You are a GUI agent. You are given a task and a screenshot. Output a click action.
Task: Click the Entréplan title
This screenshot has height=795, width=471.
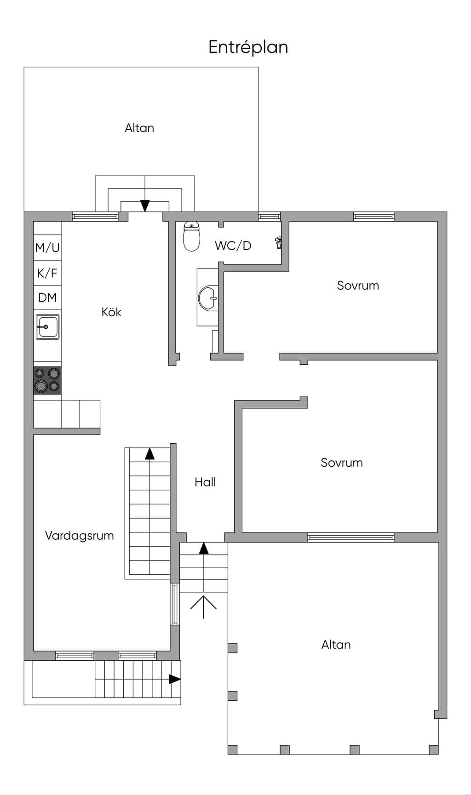pos(248,47)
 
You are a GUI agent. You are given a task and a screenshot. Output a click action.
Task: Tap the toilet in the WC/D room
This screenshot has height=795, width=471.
pos(191,236)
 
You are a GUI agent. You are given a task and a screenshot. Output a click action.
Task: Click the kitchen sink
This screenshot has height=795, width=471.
pos(48,326)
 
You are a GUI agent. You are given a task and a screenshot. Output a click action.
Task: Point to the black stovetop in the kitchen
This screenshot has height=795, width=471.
pos(47,380)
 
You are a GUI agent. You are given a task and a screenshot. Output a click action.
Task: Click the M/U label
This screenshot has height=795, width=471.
pos(47,248)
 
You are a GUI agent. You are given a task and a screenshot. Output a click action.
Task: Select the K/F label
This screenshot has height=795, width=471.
pos(47,273)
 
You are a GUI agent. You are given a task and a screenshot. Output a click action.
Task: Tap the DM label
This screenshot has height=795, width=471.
pos(47,297)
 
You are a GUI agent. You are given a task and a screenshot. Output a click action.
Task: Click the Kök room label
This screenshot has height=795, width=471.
pos(111,312)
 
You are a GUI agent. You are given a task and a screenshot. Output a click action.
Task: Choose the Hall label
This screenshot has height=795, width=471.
pos(205,482)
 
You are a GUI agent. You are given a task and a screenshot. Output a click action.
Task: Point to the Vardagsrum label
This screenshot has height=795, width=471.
pos(80,536)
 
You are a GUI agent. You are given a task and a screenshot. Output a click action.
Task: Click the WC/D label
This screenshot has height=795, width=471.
pos(233,246)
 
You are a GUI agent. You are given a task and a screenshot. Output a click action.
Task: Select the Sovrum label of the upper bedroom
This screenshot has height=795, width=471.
pos(358,286)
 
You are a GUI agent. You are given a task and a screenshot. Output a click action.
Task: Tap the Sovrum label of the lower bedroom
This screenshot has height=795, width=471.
pos(342,463)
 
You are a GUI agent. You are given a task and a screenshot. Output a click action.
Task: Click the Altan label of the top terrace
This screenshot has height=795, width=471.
pos(139,128)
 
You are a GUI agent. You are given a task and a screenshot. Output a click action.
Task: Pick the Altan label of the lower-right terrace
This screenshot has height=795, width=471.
pos(336,645)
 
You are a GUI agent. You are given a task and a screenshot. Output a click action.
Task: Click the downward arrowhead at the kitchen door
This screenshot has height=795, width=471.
pos(145,206)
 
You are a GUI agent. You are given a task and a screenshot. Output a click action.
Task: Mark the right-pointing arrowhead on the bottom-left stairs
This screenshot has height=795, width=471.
pos(175,679)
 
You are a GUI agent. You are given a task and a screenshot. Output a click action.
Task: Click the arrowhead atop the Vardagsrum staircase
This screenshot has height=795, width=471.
pos(150,454)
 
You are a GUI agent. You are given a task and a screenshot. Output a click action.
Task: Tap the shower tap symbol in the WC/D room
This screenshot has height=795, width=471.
pos(278,243)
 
